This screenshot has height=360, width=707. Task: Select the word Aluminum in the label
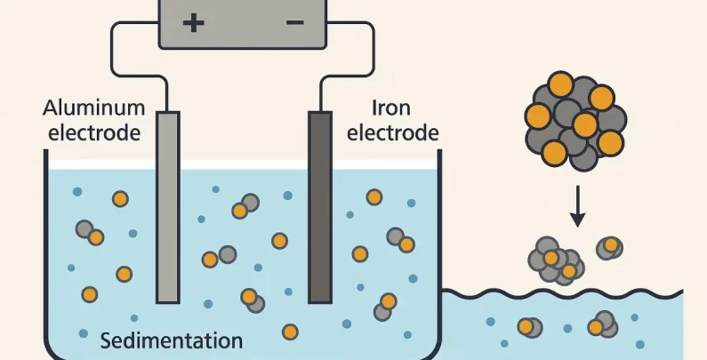point(93,108)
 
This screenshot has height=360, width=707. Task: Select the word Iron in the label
point(390,108)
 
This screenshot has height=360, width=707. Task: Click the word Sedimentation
point(171,340)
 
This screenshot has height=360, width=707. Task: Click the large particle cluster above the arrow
point(575,123)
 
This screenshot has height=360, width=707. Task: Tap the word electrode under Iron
point(392,133)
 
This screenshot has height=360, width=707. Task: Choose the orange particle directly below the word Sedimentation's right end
point(290,332)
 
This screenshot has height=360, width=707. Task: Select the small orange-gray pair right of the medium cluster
point(609,247)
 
